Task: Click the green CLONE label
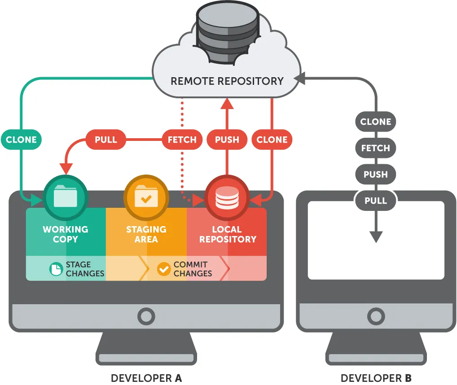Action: pyautogui.click(x=21, y=140)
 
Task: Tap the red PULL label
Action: pyautogui.click(x=106, y=140)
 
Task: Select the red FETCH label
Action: pyautogui.click(x=182, y=140)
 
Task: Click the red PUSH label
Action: pyautogui.click(x=227, y=140)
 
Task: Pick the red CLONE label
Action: pyautogui.click(x=272, y=140)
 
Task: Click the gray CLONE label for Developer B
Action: pyautogui.click(x=376, y=122)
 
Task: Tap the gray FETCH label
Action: pyautogui.click(x=376, y=148)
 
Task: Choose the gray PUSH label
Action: pyautogui.click(x=376, y=174)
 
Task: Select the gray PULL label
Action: pyautogui.click(x=376, y=201)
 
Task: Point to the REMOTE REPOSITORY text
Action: pyautogui.click(x=227, y=81)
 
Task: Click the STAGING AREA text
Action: pyautogui.click(x=146, y=234)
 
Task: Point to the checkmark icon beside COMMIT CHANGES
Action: pyautogui.click(x=164, y=269)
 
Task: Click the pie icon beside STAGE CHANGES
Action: pyautogui.click(x=56, y=269)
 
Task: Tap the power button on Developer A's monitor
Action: pyautogui.click(x=146, y=316)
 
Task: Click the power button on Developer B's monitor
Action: pyautogui.click(x=376, y=316)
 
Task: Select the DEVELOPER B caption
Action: pyautogui.click(x=376, y=378)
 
